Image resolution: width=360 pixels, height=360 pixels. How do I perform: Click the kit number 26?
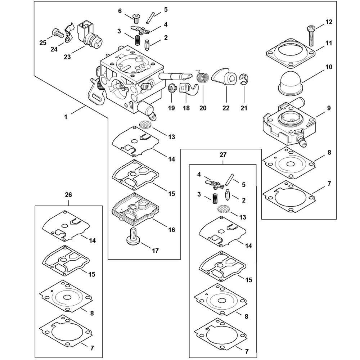pyautogui.click(x=68, y=195)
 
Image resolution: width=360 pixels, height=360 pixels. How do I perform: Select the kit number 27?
pyautogui.click(x=223, y=155)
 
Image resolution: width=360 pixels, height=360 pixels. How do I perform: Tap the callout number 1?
pyautogui.click(x=66, y=116)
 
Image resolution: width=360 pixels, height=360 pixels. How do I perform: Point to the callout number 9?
pyautogui.click(x=329, y=108)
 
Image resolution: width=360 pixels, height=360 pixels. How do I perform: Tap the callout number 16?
pyautogui.click(x=171, y=229)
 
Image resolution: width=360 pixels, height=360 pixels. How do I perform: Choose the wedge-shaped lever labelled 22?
pyautogui.click(x=225, y=77)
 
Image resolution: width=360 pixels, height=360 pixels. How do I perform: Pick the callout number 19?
pyautogui.click(x=171, y=107)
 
